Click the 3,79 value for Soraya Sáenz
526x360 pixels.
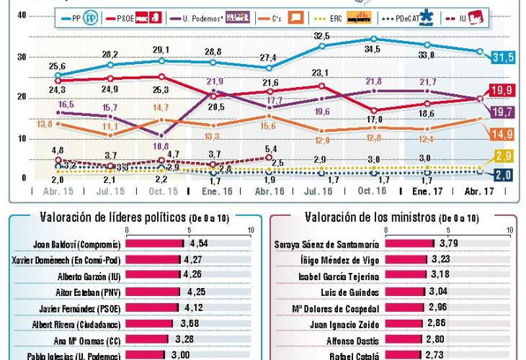coord(449,243)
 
